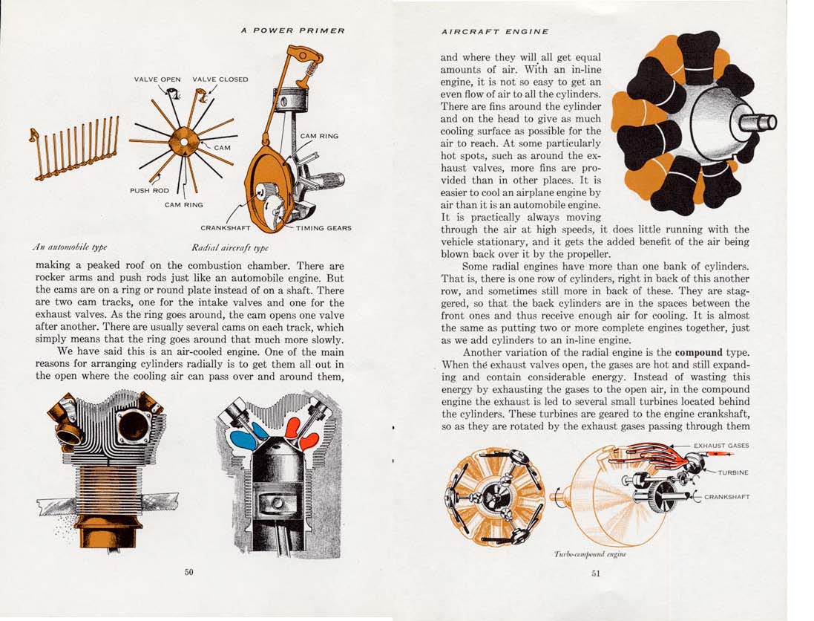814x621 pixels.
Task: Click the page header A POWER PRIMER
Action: [293, 30]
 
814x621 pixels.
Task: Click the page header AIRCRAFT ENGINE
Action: [495, 32]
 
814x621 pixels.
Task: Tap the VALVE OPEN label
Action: [157, 79]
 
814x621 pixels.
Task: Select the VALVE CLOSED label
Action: [220, 79]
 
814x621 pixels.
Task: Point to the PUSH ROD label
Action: [150, 190]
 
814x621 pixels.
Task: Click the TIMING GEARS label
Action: [324, 228]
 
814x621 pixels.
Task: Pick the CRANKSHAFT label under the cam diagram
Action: [226, 228]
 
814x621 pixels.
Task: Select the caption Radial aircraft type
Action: [230, 247]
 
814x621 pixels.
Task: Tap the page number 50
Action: [188, 571]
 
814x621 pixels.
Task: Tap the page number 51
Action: [595, 573]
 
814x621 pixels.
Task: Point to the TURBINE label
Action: [732, 472]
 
